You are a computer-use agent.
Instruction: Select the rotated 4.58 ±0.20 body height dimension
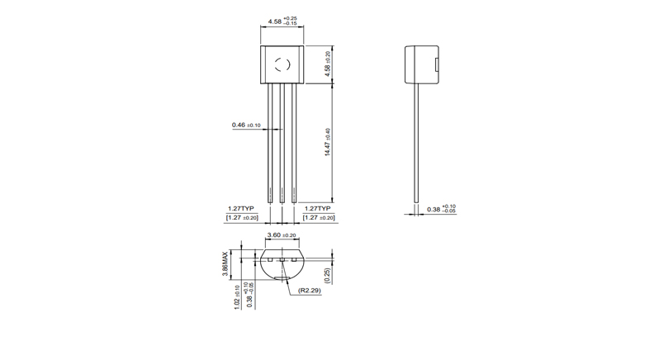click(328, 65)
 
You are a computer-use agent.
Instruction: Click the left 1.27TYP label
click(241, 208)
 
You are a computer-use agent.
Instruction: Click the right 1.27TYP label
click(320, 208)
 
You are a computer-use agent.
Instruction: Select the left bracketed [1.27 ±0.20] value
click(242, 218)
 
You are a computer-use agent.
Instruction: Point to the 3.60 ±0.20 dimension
click(282, 235)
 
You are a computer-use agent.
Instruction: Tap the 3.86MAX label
click(225, 263)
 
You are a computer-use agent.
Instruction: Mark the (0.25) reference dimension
click(328, 275)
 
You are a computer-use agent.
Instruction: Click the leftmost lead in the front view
click(269, 144)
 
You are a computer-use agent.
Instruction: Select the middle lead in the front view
click(282, 144)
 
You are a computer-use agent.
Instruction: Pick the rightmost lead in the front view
click(294, 144)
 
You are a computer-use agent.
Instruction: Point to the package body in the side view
click(419, 65)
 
